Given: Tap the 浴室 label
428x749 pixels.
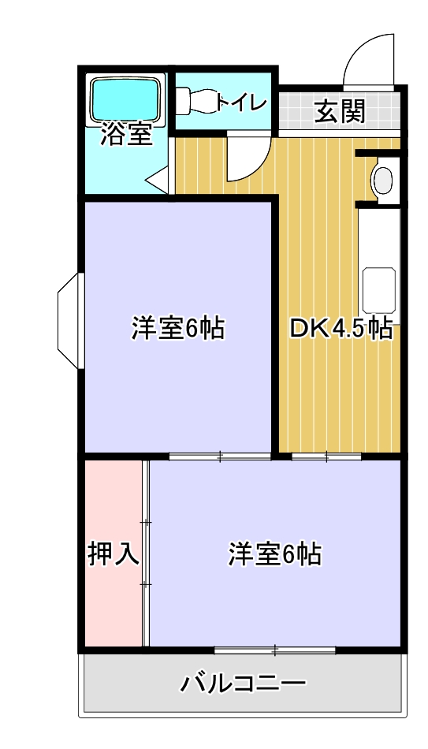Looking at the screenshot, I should (x=125, y=135).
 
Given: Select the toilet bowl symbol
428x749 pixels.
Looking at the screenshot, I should (x=197, y=101).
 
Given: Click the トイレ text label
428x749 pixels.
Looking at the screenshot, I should (x=241, y=102).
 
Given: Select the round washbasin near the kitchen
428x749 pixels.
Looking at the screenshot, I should (x=383, y=180).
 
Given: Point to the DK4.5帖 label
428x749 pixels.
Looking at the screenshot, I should (x=341, y=328).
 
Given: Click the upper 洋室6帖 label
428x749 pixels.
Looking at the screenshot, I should (x=177, y=327).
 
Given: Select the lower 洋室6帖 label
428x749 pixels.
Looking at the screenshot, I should (x=274, y=554).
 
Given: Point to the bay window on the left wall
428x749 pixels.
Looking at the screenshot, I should (x=69, y=319).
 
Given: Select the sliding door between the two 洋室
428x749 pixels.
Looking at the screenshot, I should (x=220, y=456).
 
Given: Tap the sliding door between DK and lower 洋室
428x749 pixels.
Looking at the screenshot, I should (x=326, y=456).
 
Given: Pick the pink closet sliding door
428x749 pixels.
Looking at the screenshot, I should (x=146, y=552).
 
